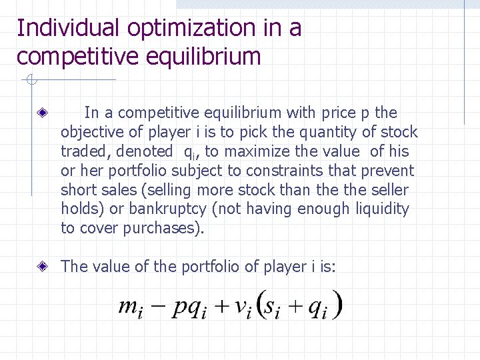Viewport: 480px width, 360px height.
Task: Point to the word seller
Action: pos(387,189)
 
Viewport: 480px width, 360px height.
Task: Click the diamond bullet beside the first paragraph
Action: pos(42,113)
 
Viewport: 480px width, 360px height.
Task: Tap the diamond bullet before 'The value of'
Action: pos(42,267)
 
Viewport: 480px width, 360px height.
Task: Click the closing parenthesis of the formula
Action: pos(339,305)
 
